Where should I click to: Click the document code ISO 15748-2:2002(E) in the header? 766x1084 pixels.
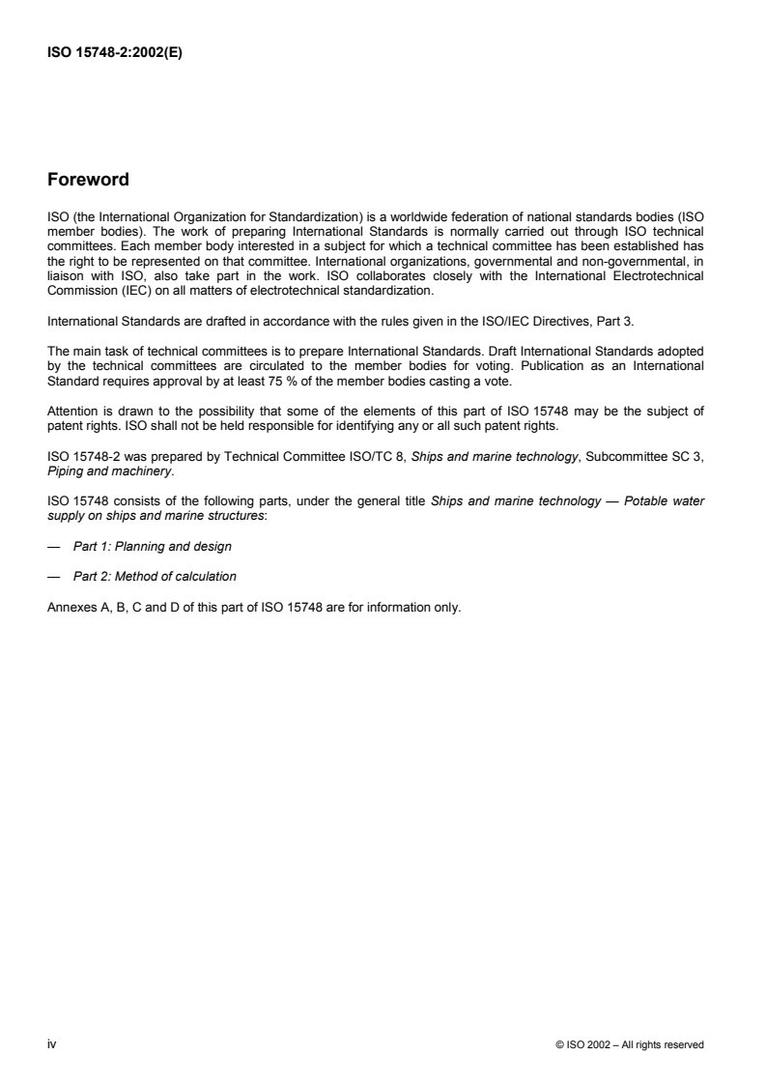[x=115, y=54]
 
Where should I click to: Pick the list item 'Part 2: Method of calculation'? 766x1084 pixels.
[x=155, y=578]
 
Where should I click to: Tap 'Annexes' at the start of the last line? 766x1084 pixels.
[x=70, y=608]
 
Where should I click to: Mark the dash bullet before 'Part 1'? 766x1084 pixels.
[x=52, y=548]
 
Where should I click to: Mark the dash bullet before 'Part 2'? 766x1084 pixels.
[x=52, y=578]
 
